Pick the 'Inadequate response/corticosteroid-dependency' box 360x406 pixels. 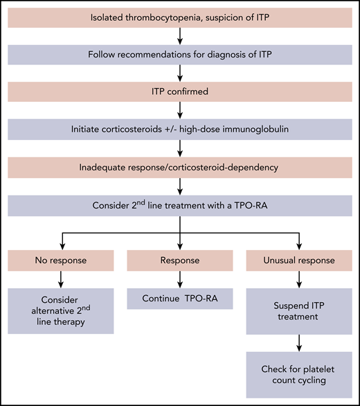coord(179,167)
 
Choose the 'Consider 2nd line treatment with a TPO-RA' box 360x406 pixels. coord(179,205)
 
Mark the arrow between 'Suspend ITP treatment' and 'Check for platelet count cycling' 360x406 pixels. coord(299,342)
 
